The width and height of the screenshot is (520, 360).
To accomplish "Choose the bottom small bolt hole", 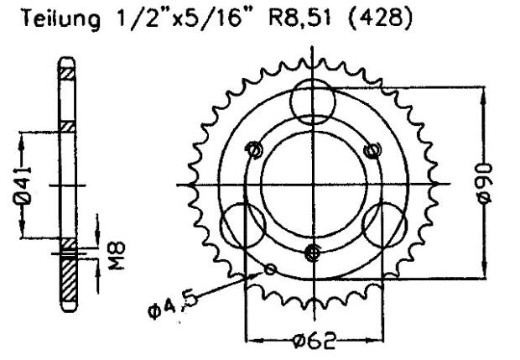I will [x=313, y=251].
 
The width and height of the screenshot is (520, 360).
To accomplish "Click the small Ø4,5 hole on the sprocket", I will [x=269, y=269].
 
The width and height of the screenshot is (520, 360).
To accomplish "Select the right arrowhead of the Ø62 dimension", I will [x=377, y=341].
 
